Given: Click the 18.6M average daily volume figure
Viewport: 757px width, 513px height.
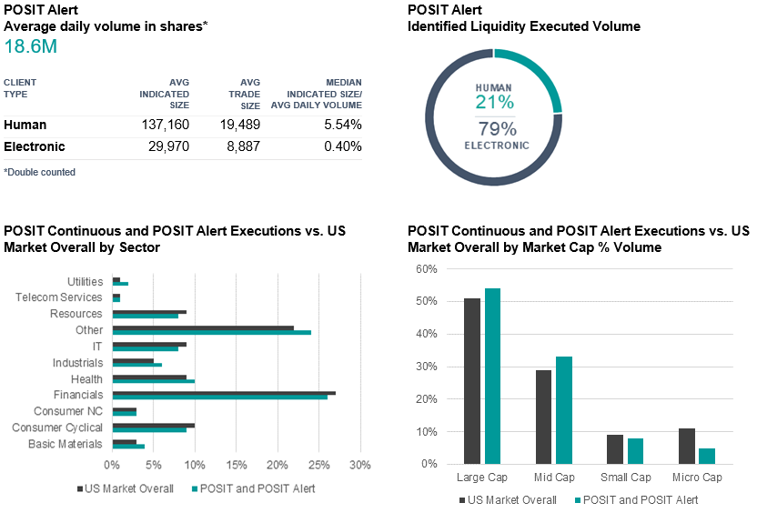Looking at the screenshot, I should click(31, 46).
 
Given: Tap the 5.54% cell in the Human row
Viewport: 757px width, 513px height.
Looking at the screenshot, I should click(342, 125).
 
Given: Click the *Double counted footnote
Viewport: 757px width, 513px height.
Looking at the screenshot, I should click(39, 172).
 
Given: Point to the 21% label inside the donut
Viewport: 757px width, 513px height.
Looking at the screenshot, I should click(495, 103).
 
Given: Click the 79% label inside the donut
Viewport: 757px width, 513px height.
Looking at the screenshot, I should click(496, 128).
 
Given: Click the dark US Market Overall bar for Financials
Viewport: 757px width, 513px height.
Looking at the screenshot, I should click(223, 392).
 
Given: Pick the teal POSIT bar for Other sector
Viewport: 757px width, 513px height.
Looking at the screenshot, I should click(211, 332).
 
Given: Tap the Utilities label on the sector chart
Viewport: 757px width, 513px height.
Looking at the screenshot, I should click(85, 282).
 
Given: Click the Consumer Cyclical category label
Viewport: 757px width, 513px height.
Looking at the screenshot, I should click(57, 427).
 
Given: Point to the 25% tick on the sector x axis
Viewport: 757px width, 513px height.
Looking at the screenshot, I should click(318, 466).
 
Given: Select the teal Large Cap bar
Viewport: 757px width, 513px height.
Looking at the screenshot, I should click(492, 376).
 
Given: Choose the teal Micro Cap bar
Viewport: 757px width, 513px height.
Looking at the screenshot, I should click(706, 456).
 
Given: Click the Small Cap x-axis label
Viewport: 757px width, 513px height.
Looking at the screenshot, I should click(626, 478).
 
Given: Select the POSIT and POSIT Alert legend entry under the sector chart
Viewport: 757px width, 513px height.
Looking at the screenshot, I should click(256, 489).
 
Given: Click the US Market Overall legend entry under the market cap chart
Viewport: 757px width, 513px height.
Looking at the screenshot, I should click(510, 499).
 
